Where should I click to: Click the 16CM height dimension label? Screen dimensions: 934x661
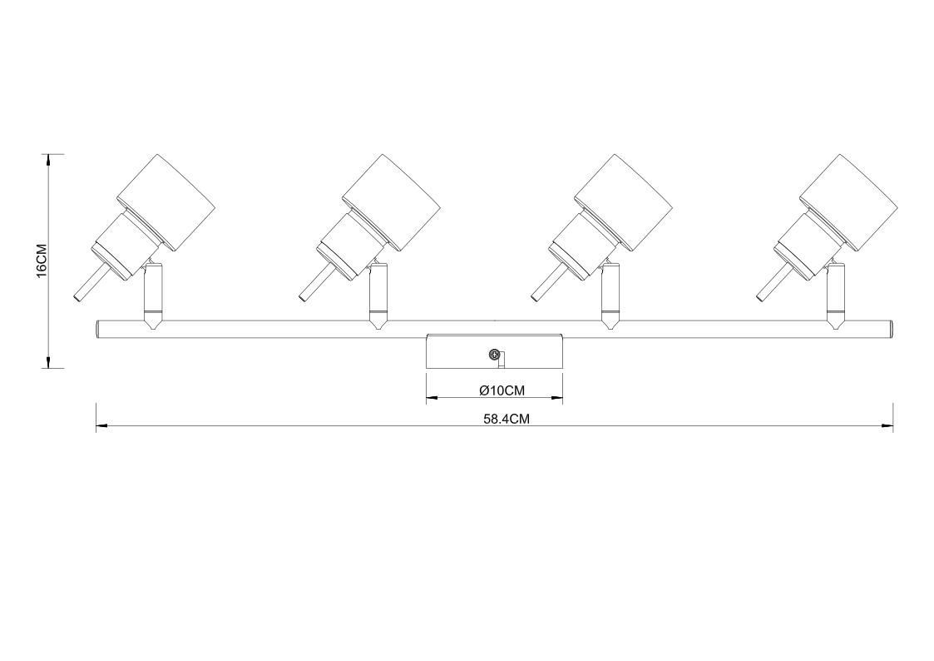(41, 261)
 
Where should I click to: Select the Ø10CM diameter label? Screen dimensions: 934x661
(502, 390)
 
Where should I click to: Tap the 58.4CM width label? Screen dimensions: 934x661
(507, 419)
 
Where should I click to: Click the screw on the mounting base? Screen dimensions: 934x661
(493, 355)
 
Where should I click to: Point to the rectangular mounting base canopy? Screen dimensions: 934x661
(494, 351)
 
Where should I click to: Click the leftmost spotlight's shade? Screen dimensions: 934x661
(165, 203)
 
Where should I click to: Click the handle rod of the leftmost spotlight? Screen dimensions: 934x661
(91, 283)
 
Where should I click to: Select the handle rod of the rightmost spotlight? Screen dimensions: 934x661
(774, 283)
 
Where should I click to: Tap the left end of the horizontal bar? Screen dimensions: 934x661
(97, 329)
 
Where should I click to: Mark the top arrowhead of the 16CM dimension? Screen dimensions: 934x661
(48, 158)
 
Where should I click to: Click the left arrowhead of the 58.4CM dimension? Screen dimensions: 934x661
(101, 425)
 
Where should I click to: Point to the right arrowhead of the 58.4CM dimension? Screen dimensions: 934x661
(887, 425)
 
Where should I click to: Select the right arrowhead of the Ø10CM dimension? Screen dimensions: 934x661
(557, 398)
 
